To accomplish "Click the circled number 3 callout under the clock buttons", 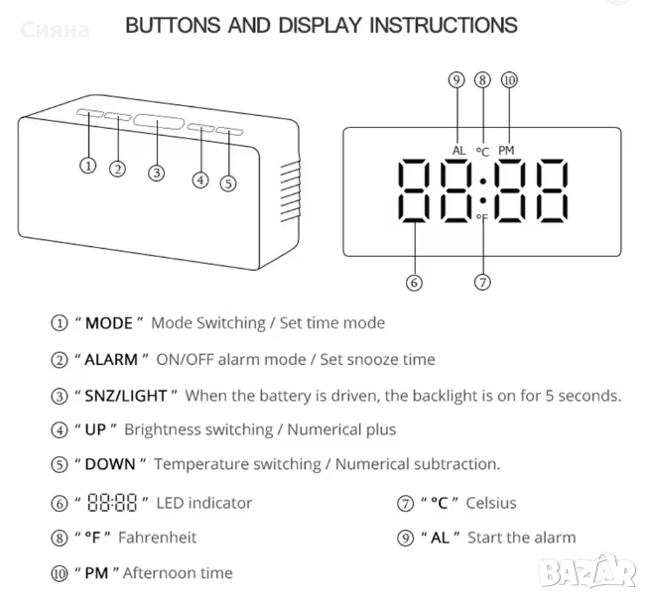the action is [156, 173].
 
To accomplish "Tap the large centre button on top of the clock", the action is [159, 122].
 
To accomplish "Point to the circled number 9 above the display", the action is [456, 79].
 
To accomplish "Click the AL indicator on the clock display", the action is [458, 151].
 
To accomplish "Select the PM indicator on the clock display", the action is [506, 151].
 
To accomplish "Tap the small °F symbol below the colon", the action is [482, 217].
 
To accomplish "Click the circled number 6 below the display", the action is [414, 283].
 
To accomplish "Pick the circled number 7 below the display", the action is [482, 282].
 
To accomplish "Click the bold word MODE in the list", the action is [109, 323].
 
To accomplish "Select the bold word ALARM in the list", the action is [111, 360].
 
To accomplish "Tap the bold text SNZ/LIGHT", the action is [126, 396].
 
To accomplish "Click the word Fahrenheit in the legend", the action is [158, 538].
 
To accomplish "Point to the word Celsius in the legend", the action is [491, 503].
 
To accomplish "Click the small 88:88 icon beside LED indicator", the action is [112, 503].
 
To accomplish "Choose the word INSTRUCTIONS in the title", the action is [443, 25].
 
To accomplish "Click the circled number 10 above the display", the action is [509, 79].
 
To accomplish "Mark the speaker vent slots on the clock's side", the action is [290, 191].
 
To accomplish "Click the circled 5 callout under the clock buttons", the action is [228, 183].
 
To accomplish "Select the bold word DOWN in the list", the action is [110, 464].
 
